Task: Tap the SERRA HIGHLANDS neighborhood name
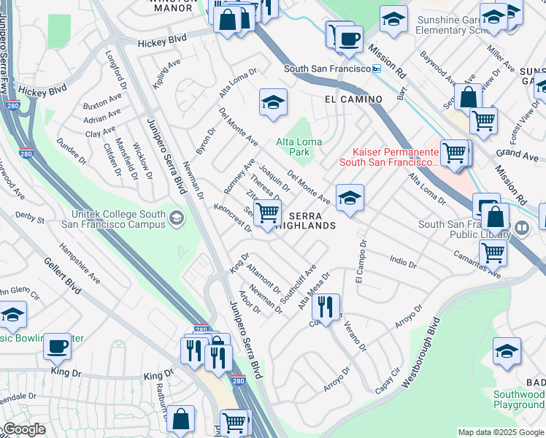click(x=313, y=220)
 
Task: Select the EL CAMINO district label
click(x=354, y=99)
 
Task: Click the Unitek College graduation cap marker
click(x=177, y=218)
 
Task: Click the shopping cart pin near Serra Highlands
click(x=268, y=213)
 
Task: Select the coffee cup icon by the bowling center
click(x=57, y=347)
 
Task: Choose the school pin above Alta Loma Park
click(x=273, y=103)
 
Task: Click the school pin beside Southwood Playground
click(x=507, y=352)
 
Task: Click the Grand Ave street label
click(x=517, y=155)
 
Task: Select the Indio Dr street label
click(x=402, y=261)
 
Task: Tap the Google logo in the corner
click(x=25, y=429)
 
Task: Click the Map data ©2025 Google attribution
click(x=500, y=432)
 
